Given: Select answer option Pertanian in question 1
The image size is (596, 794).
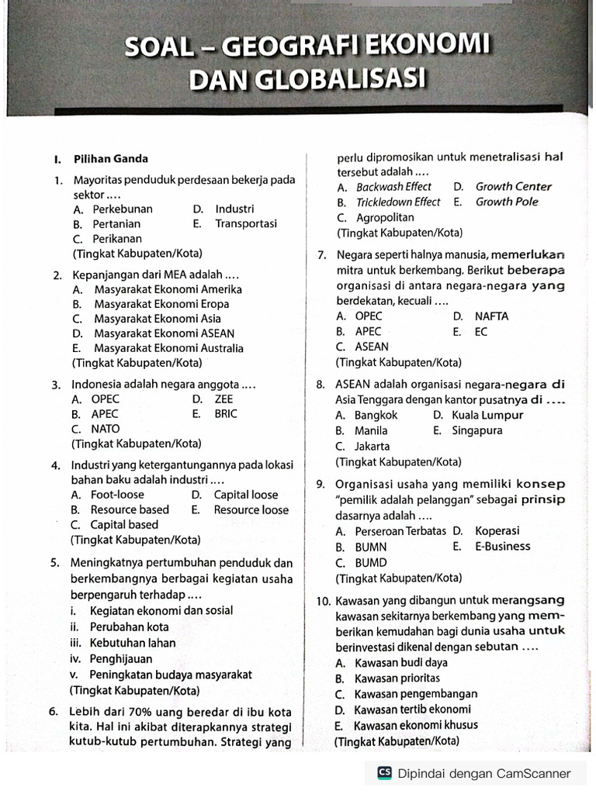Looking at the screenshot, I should pyautogui.click(x=116, y=224).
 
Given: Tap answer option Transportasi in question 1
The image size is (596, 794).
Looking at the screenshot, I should pyautogui.click(x=246, y=224).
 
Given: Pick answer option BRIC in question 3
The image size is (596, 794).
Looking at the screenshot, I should pyautogui.click(x=226, y=413).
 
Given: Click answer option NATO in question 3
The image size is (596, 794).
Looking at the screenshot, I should pyautogui.click(x=106, y=428).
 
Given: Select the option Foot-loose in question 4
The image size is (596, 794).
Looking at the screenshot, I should pyautogui.click(x=117, y=494).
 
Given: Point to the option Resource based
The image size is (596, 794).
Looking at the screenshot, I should pyautogui.click(x=130, y=509).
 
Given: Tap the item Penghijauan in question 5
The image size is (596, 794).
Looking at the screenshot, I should pyautogui.click(x=122, y=658).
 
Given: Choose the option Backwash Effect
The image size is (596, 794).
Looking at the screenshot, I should pyautogui.click(x=393, y=187).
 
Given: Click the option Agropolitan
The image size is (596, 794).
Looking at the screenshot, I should pyautogui.click(x=386, y=217).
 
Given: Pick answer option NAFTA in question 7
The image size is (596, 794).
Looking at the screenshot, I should pyautogui.click(x=492, y=316).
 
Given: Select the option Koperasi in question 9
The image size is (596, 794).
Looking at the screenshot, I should pyautogui.click(x=497, y=531).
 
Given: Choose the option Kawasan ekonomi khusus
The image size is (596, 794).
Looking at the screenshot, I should pyautogui.click(x=416, y=726).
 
